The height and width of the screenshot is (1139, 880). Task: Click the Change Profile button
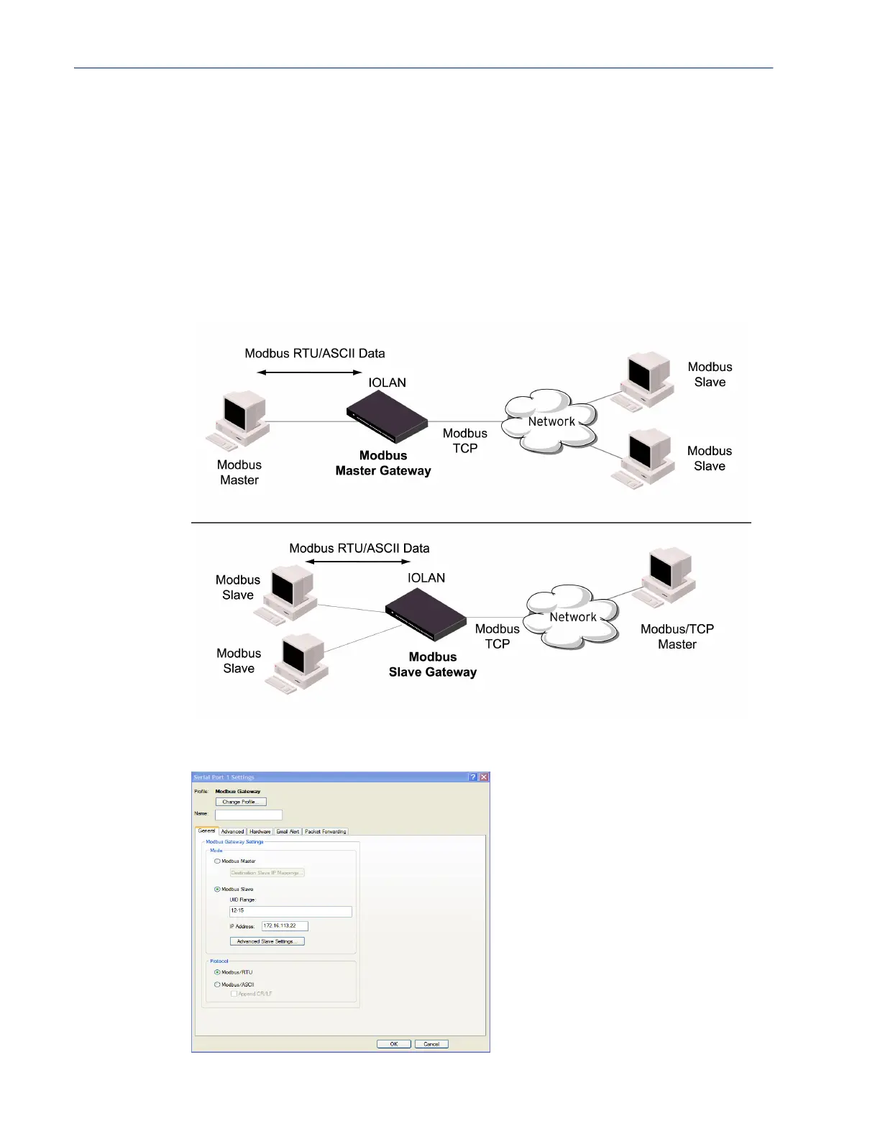(241, 802)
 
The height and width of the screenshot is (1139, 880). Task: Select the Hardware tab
(260, 831)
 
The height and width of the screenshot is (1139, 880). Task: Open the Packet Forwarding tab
(325, 831)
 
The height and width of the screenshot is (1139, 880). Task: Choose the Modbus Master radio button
(217, 861)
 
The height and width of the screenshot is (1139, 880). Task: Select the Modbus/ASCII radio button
(217, 984)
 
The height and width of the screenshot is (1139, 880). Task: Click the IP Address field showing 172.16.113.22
(284, 926)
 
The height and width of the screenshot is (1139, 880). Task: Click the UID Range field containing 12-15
(290, 911)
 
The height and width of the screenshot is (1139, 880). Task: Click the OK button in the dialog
(394, 1044)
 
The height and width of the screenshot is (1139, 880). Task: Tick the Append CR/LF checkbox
(234, 994)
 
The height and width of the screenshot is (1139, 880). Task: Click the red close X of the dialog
(484, 777)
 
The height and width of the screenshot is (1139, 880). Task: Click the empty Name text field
(248, 815)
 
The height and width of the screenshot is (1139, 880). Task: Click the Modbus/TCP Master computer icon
(667, 578)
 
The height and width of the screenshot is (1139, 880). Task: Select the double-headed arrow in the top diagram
(309, 372)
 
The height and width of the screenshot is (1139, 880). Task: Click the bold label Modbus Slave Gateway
(433, 664)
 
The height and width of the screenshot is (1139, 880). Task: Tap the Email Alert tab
(288, 831)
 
